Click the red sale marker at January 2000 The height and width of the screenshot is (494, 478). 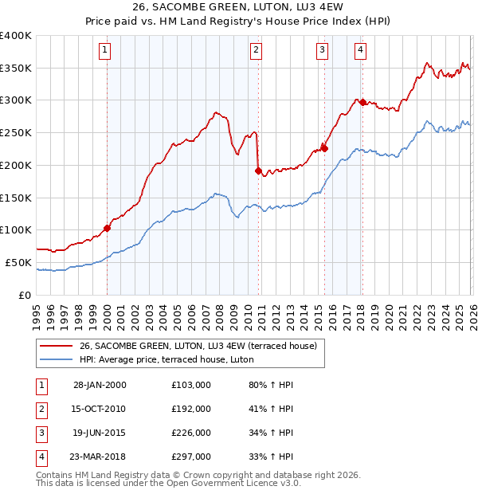(x=108, y=228)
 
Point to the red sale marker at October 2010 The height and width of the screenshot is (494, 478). (x=258, y=170)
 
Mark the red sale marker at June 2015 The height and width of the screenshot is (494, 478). (x=324, y=147)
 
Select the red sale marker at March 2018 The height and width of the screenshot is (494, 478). (x=362, y=102)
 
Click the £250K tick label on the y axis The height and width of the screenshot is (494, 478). (x=16, y=133)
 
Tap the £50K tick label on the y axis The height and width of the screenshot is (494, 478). (x=19, y=262)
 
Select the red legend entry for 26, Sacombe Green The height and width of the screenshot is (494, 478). (x=199, y=346)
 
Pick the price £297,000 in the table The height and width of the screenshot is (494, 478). (x=191, y=457)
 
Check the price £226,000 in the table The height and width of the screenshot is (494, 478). (x=191, y=433)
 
